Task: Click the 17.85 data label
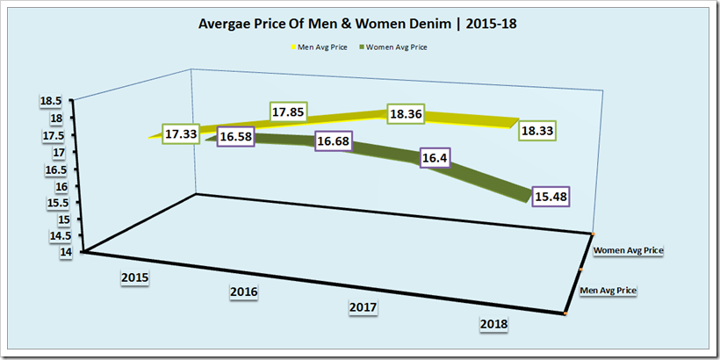[288, 112]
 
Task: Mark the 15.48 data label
[551, 198]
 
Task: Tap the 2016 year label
[242, 292]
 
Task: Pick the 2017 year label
[363, 307]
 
